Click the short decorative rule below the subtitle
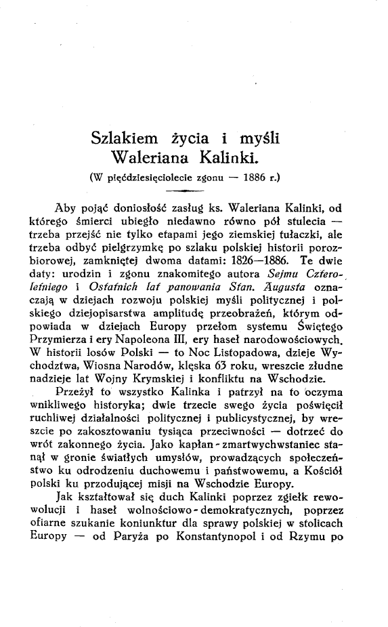190,193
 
